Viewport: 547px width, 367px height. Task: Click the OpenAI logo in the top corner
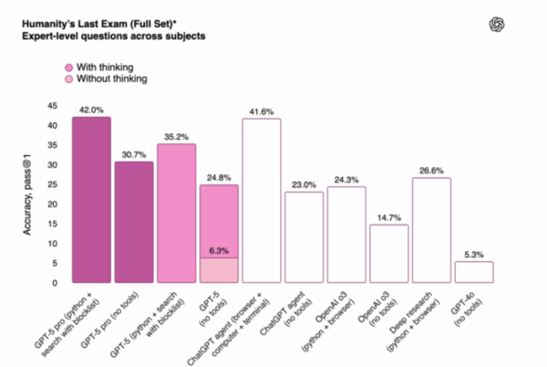522,25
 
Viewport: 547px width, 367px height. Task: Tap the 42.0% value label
91,110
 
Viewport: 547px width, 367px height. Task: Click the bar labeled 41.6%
261,201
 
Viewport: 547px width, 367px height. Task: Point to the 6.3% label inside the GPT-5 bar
219,250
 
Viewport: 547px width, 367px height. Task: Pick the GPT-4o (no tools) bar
473,272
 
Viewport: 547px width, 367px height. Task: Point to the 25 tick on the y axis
54,185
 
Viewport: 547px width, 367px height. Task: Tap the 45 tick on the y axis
54,106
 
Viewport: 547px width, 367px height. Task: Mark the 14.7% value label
388,217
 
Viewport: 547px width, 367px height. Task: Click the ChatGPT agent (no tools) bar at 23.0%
304,237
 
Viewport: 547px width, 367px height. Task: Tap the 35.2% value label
176,137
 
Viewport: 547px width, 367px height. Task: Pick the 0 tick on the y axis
57,283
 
